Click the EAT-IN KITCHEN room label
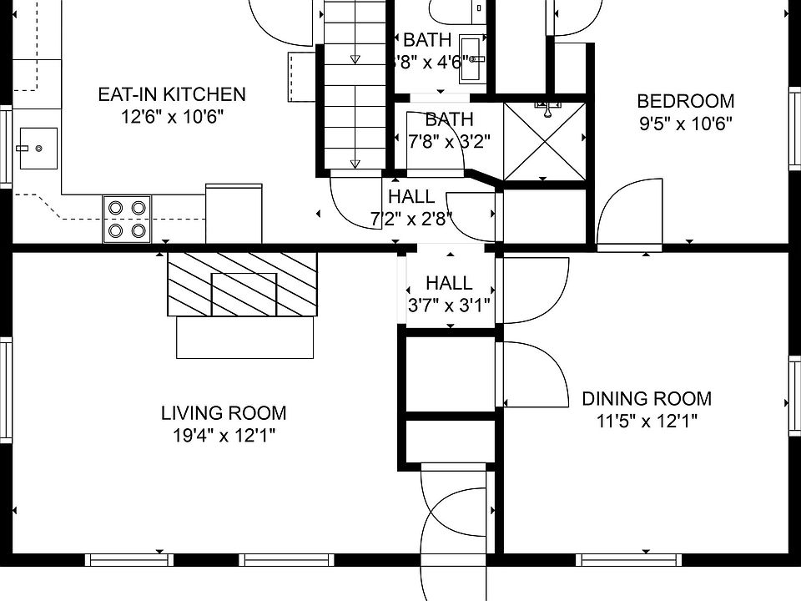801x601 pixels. click(172, 94)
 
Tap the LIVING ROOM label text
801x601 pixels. click(224, 413)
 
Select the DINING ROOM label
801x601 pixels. click(647, 399)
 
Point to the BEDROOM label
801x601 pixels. click(686, 101)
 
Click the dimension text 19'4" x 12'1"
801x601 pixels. click(224, 436)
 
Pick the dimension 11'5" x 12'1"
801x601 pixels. click(647, 422)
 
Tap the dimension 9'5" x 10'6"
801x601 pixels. click(686, 124)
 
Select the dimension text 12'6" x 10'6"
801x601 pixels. click(172, 117)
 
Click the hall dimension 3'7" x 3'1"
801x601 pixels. click(449, 306)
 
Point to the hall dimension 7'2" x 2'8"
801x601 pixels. click(411, 220)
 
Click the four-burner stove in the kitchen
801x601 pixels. click(127, 220)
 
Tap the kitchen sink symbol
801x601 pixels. click(38, 149)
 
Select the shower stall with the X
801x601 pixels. click(545, 141)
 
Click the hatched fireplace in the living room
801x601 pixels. click(243, 284)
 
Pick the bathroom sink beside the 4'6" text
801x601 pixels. click(472, 59)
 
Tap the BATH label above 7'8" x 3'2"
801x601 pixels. click(450, 119)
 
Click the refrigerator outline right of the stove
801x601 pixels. click(234, 214)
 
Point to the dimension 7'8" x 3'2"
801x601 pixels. click(449, 141)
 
